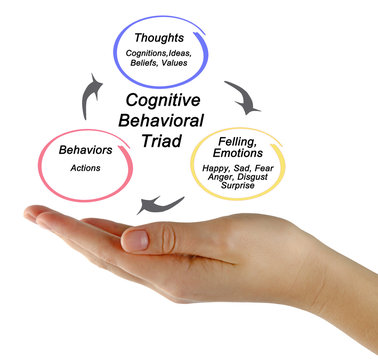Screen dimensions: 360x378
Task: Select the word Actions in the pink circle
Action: (87, 167)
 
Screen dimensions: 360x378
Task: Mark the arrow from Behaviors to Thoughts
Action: (87, 92)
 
